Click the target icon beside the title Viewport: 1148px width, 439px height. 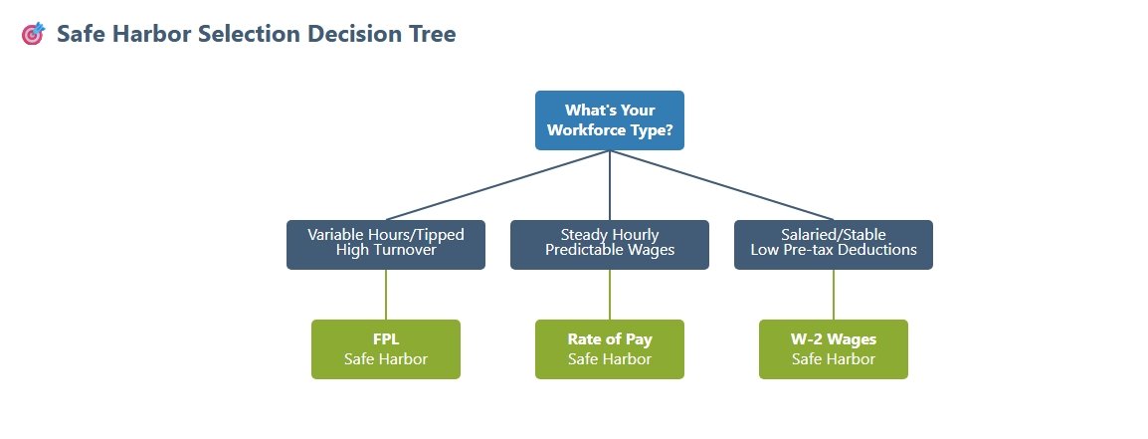pyautogui.click(x=33, y=34)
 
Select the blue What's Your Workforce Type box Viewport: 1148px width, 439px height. pyautogui.click(x=609, y=120)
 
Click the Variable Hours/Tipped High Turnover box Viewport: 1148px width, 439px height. pyautogui.click(x=386, y=244)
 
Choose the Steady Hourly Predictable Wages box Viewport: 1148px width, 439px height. pyautogui.click(x=609, y=244)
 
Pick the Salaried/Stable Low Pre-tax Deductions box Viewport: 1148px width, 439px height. pyautogui.click(x=834, y=244)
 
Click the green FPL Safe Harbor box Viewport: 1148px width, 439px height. pyautogui.click(x=386, y=349)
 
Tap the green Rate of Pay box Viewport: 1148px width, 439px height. pyautogui.click(x=609, y=349)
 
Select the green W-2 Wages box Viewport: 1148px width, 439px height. pyautogui.click(x=834, y=349)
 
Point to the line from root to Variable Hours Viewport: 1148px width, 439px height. pyautogui.click(x=497, y=185)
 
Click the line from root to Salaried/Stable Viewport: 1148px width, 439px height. pyautogui.click(x=721, y=185)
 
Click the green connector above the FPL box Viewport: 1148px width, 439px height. pyautogui.click(x=386, y=295)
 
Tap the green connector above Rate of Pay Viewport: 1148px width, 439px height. pyautogui.click(x=610, y=295)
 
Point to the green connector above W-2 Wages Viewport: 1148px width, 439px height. pyautogui.click(x=834, y=295)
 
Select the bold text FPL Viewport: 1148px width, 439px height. pyautogui.click(x=386, y=339)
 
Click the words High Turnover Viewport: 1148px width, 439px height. pyautogui.click(x=386, y=250)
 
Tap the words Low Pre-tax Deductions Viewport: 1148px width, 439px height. pyautogui.click(x=834, y=250)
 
